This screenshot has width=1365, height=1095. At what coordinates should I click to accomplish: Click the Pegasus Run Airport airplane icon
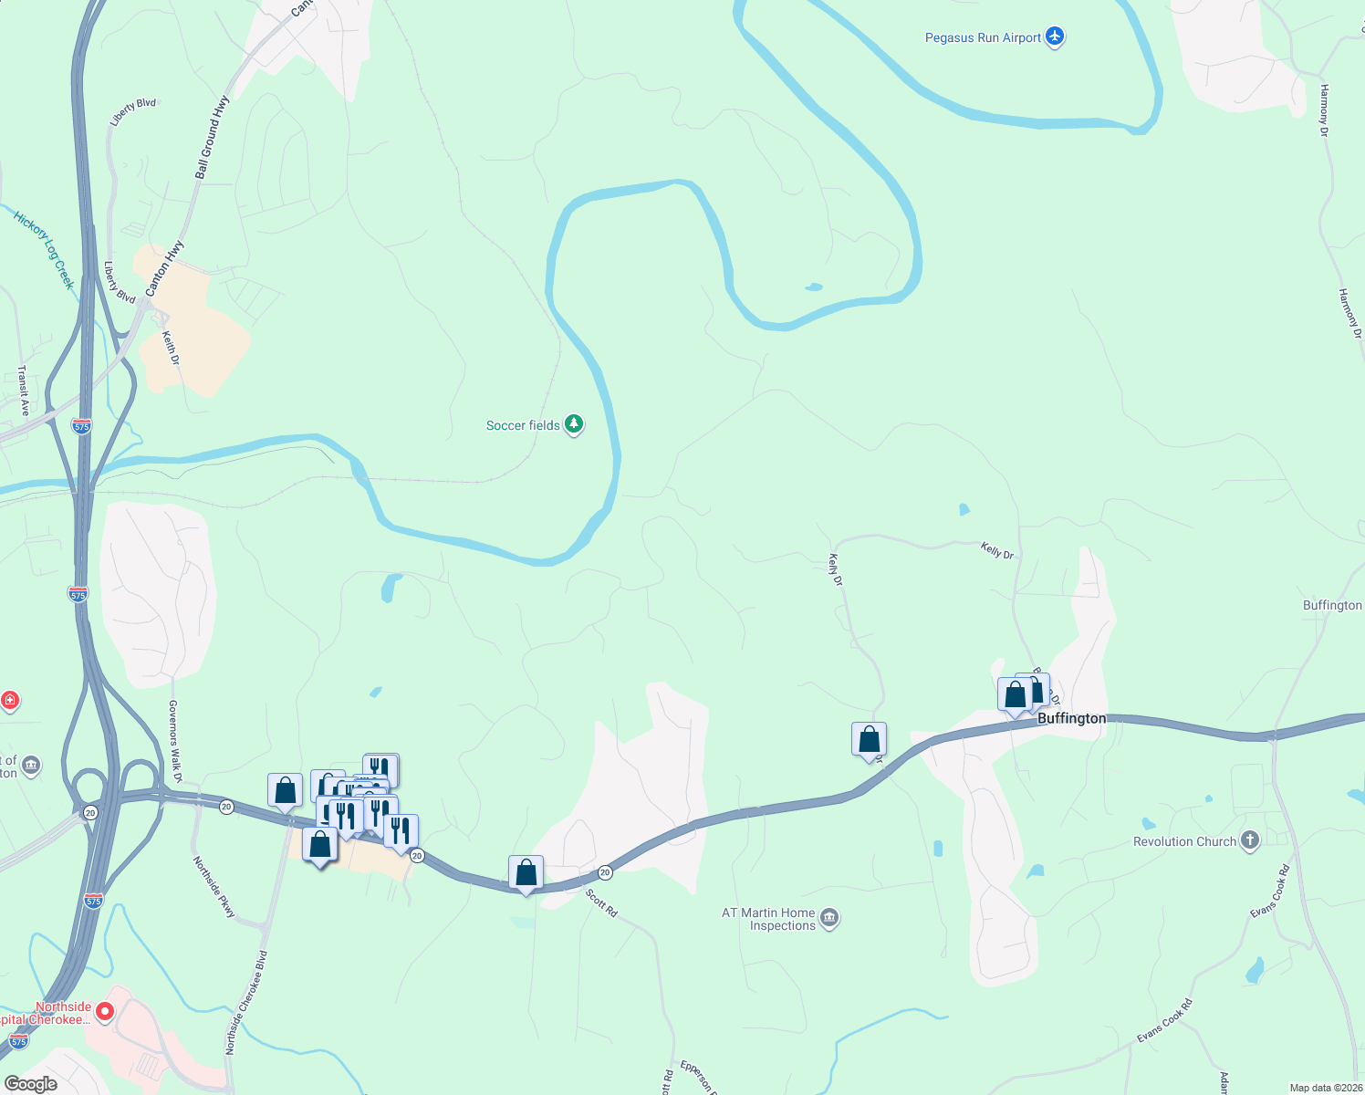[x=1055, y=37]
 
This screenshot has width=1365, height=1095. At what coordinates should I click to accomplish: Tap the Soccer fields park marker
[x=573, y=424]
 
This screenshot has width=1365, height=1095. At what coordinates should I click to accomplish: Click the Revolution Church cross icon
[x=1249, y=840]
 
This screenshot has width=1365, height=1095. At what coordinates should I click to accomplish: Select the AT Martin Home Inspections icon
[x=828, y=918]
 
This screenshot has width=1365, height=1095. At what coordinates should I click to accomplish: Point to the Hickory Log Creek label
[x=44, y=250]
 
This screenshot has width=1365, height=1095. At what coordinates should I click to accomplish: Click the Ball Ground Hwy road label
[x=212, y=138]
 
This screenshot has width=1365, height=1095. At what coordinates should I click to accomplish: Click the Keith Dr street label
[x=171, y=348]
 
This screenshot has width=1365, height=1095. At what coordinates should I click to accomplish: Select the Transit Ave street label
[x=24, y=391]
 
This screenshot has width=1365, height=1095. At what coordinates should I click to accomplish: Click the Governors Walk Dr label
[x=175, y=741]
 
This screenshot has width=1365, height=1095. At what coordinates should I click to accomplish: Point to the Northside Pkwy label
[x=214, y=886]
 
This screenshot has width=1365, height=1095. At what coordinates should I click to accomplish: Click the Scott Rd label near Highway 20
[x=601, y=902]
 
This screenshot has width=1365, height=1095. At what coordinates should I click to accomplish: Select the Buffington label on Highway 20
[x=1071, y=718]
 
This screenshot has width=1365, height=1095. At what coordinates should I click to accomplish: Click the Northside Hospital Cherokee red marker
[x=105, y=1011]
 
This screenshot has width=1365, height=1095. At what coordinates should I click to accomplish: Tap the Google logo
[x=30, y=1084]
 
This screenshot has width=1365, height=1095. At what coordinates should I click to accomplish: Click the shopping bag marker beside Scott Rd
[x=526, y=873]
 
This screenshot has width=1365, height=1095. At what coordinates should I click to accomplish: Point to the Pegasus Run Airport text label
[x=983, y=37]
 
